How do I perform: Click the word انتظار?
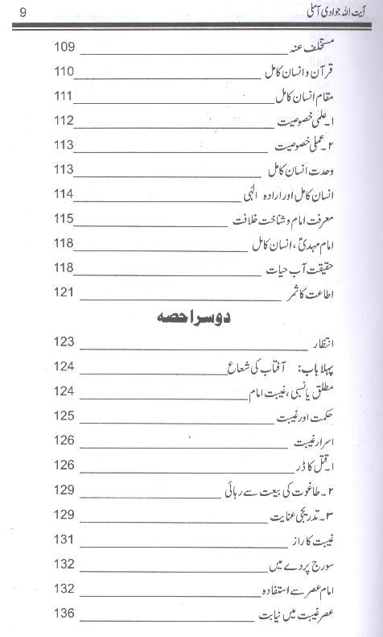tap(324, 345)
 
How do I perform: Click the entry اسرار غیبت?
tap(317, 441)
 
